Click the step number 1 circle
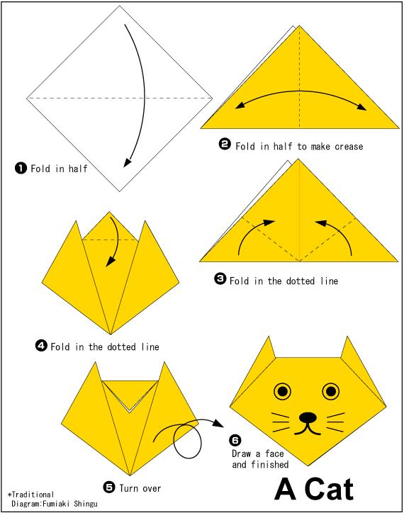pyautogui.click(x=21, y=169)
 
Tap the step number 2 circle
pyautogui.click(x=225, y=145)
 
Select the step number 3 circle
pyautogui.click(x=220, y=279)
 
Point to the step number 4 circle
pyautogui.click(x=41, y=346)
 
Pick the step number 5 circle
pyautogui.click(x=109, y=487)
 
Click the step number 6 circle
pyautogui.click(x=235, y=440)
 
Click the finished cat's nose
pyautogui.click(x=308, y=417)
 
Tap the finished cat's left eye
pyautogui.click(x=283, y=391)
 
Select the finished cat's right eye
pyautogui.click(x=331, y=391)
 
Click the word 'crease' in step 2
pyautogui.click(x=349, y=146)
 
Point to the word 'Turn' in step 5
pyautogui.click(x=128, y=488)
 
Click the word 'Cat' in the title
pyautogui.click(x=329, y=490)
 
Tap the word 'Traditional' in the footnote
pyautogui.click(x=33, y=495)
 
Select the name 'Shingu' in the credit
pyautogui.click(x=86, y=503)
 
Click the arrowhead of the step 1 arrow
pyautogui.click(x=127, y=162)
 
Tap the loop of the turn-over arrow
pyautogui.click(x=187, y=440)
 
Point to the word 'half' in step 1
pyautogui.click(x=78, y=169)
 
